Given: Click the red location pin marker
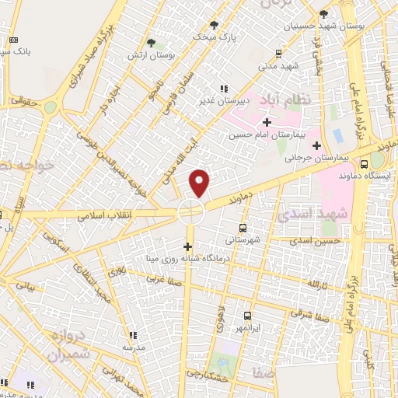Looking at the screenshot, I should click(201, 183).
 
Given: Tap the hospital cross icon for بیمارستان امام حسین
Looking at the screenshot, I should click(267, 122).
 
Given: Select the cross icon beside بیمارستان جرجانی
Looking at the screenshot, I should click(316, 145).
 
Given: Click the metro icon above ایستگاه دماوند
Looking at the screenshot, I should click(365, 163).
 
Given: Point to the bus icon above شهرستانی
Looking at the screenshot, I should click(243, 229).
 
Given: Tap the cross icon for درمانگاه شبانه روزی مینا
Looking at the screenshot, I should click(187, 246).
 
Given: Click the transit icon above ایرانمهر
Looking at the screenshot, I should click(247, 316).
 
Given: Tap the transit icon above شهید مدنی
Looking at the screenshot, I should click(278, 54).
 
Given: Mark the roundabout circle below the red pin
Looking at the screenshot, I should click(190, 211).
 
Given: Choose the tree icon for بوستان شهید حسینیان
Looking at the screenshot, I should click(323, 14).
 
